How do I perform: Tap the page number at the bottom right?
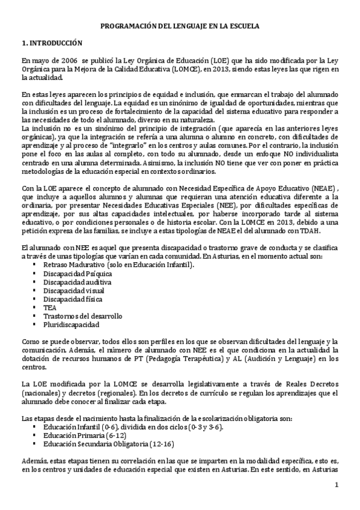[337, 485]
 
